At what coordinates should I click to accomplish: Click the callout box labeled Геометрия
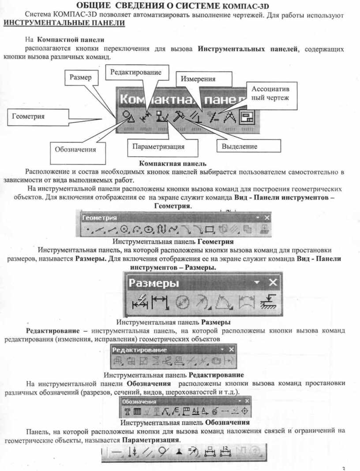pos(38,117)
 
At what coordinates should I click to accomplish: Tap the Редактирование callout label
pos(137,72)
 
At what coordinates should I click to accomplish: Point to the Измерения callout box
pos(203,79)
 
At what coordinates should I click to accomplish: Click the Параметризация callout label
pos(162,147)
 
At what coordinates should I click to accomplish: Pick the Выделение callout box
pos(249,146)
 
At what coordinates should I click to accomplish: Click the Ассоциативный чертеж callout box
pos(272,95)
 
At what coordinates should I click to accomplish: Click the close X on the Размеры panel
pos(273,283)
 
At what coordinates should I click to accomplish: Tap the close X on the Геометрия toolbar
pos(267,218)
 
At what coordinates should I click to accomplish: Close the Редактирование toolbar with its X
pos(231,349)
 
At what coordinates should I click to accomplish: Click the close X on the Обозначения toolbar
pos(247,401)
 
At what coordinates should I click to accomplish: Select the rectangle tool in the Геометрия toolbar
pos(209,230)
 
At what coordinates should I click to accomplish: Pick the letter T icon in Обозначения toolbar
pos(127,411)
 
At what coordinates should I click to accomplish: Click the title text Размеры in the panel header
pos(154,283)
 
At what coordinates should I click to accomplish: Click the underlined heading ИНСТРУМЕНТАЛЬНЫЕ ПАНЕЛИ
pos(64,23)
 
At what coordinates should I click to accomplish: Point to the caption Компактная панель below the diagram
pos(173,163)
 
